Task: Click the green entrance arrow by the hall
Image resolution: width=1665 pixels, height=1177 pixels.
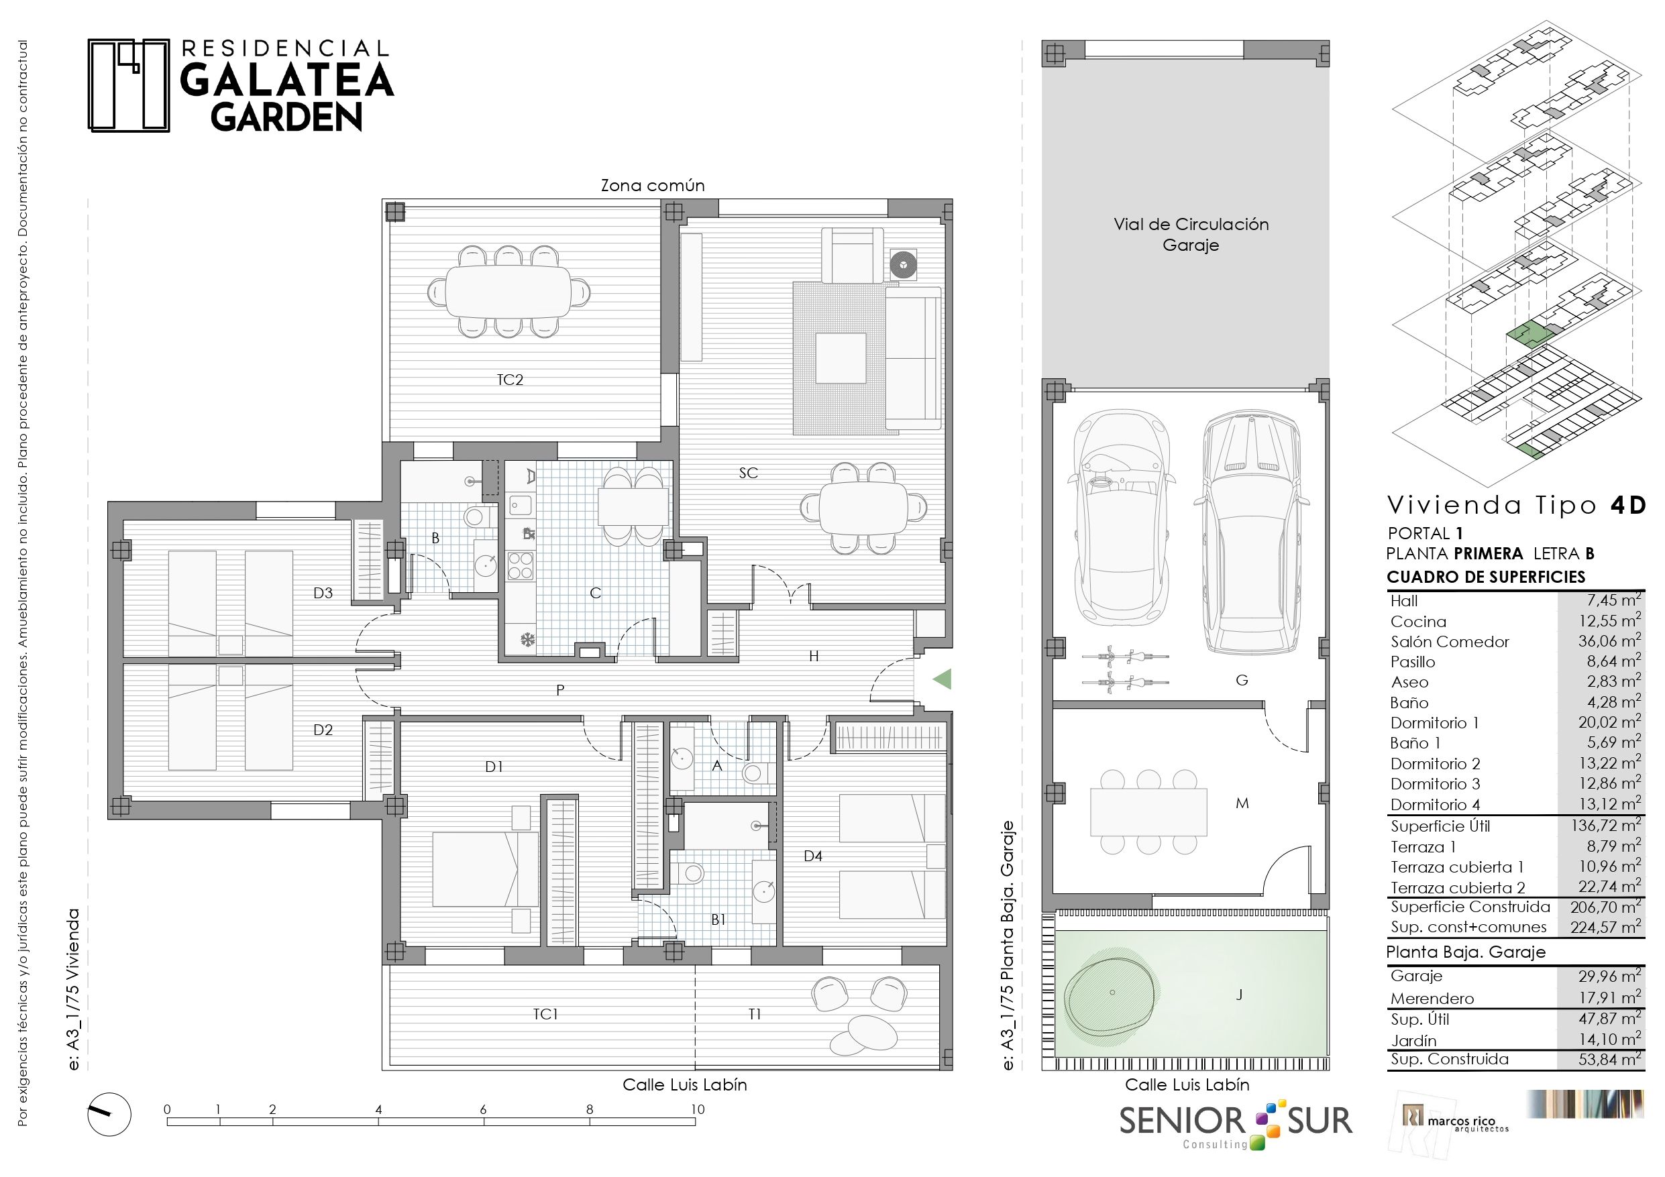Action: click(941, 679)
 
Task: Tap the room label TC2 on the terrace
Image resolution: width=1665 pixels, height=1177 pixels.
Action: click(510, 380)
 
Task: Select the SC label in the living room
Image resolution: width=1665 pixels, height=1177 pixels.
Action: click(749, 473)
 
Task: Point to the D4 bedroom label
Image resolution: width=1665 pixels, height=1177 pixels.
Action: click(813, 856)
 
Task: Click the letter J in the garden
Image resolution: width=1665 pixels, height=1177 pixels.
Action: click(1239, 995)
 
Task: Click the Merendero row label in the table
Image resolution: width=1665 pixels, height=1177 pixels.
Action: click(1432, 999)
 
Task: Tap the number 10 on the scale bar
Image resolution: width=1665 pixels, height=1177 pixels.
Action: click(697, 1109)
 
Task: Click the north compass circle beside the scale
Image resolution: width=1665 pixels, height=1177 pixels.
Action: click(109, 1115)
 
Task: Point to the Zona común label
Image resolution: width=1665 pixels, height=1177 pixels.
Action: click(653, 185)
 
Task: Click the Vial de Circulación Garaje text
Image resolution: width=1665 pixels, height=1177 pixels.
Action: click(1191, 234)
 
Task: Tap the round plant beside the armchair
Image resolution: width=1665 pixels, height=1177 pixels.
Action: click(904, 265)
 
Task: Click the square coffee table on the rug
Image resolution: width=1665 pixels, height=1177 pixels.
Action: click(841, 358)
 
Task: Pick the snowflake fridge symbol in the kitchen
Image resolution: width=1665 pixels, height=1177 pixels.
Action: click(528, 640)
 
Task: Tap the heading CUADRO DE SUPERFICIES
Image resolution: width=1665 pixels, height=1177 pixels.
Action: click(1486, 577)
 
